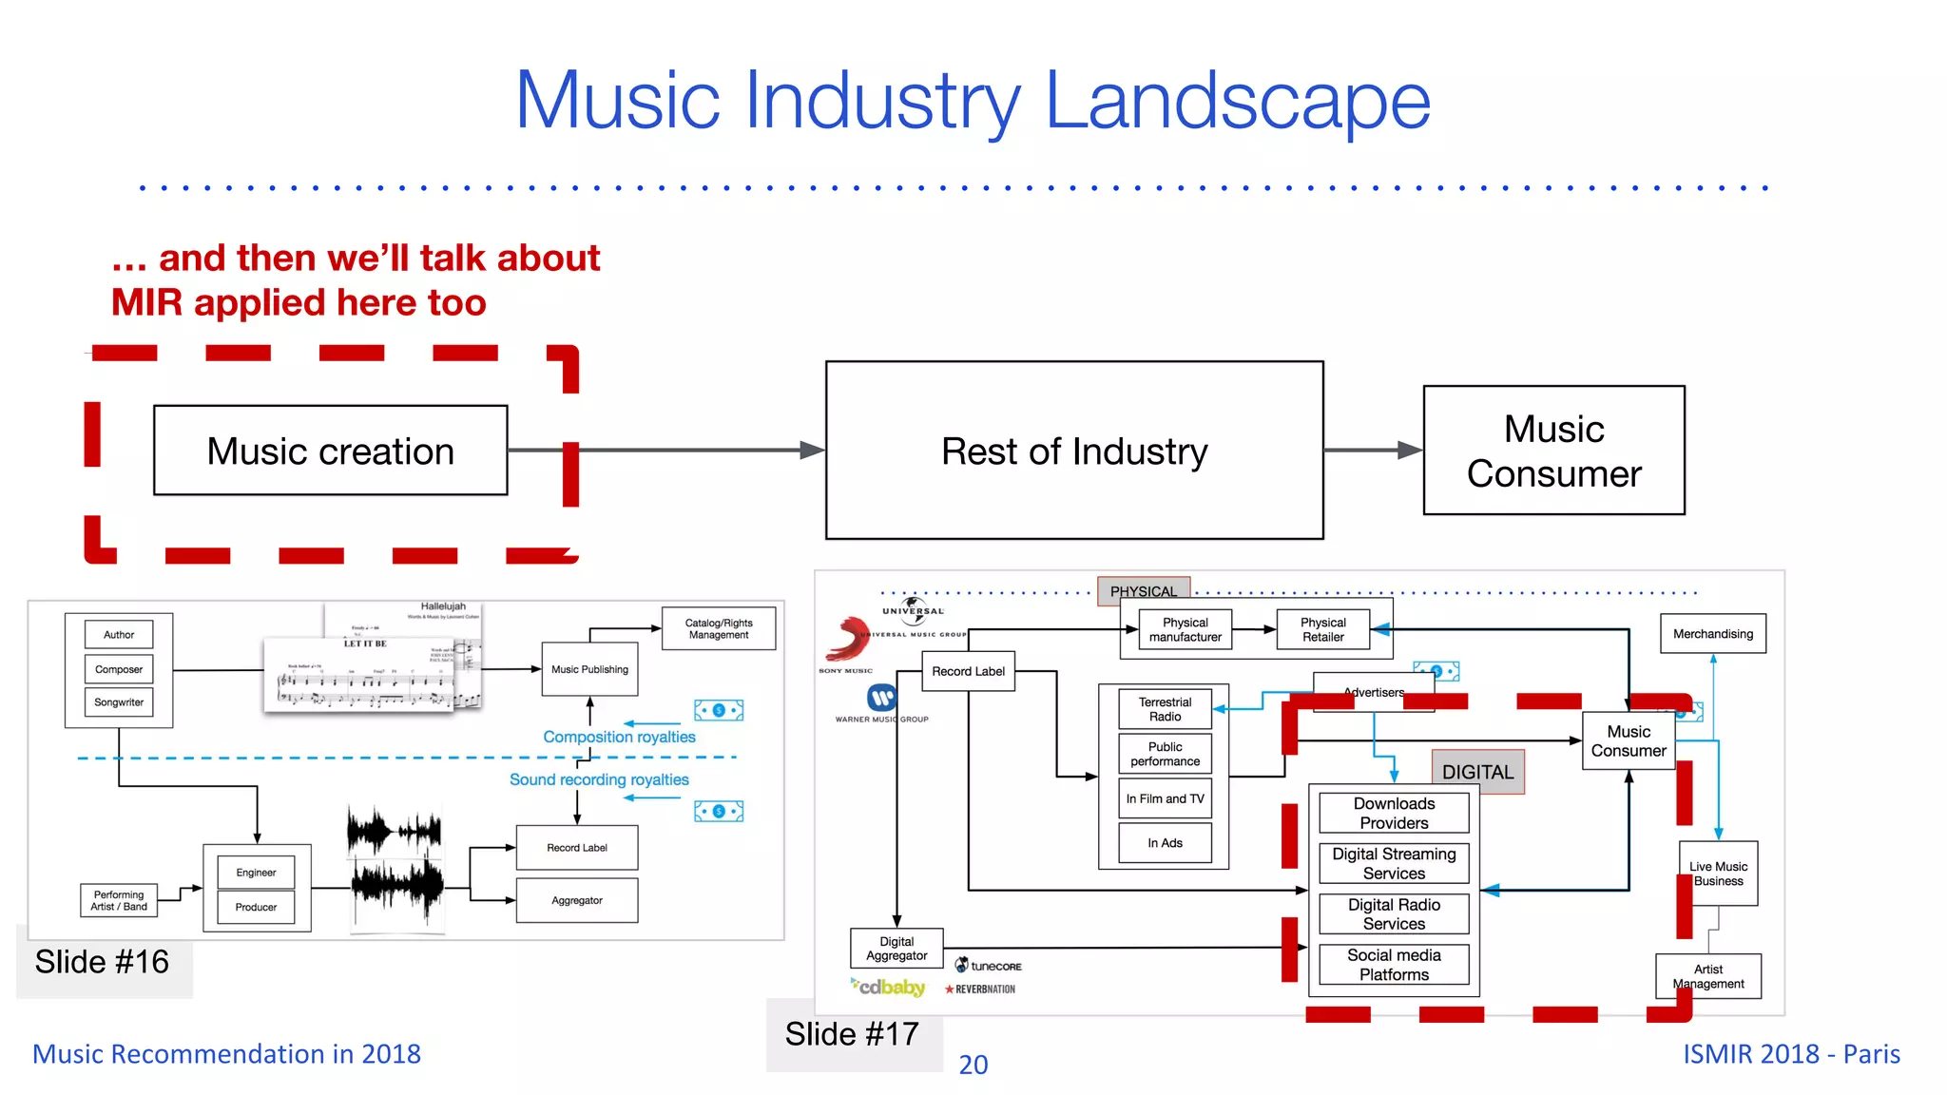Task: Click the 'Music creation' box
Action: (x=330, y=451)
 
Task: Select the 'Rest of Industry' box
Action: (x=1074, y=451)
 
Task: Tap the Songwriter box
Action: (x=119, y=702)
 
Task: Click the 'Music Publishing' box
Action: (x=589, y=669)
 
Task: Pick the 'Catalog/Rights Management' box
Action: (x=719, y=628)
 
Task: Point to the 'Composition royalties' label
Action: (x=619, y=737)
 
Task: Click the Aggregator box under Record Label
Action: (x=577, y=900)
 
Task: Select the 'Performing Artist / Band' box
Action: (x=119, y=900)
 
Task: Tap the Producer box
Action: (x=256, y=907)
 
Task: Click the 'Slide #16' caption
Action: (x=103, y=962)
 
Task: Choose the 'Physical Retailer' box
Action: (x=1322, y=629)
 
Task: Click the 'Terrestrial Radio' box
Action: (x=1165, y=709)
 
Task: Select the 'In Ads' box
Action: (x=1165, y=843)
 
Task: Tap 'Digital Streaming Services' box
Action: (x=1394, y=863)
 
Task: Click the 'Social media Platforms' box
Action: (x=1394, y=965)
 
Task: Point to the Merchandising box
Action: (x=1713, y=634)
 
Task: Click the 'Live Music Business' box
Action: (x=1718, y=874)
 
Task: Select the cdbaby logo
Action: (x=888, y=988)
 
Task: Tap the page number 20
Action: (x=973, y=1065)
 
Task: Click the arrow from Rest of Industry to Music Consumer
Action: (x=1373, y=451)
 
